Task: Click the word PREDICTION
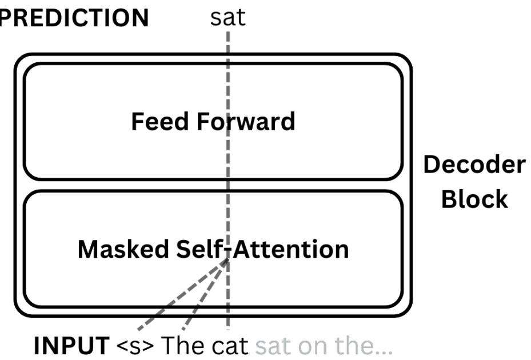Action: coord(73,18)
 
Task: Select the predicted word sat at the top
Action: coord(227,17)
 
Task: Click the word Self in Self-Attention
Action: coord(198,249)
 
